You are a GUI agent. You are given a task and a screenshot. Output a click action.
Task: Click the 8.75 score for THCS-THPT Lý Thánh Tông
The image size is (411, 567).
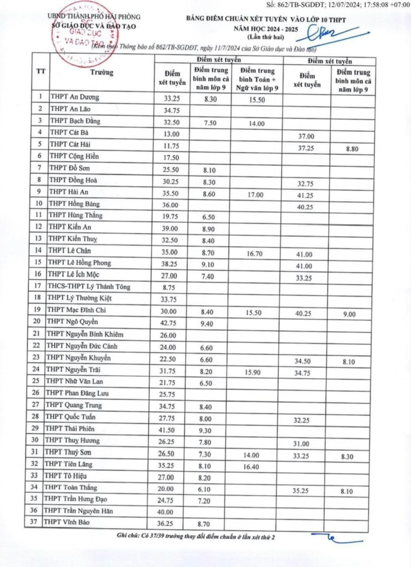click(170, 287)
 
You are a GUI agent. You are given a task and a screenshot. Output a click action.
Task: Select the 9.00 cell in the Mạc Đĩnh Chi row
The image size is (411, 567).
click(353, 311)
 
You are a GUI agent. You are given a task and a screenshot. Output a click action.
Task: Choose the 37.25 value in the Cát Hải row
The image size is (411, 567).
click(305, 147)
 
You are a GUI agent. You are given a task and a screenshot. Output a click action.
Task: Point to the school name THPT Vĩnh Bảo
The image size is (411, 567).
click(69, 522)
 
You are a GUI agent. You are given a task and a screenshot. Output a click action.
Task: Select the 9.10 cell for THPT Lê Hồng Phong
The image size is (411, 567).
click(210, 263)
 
